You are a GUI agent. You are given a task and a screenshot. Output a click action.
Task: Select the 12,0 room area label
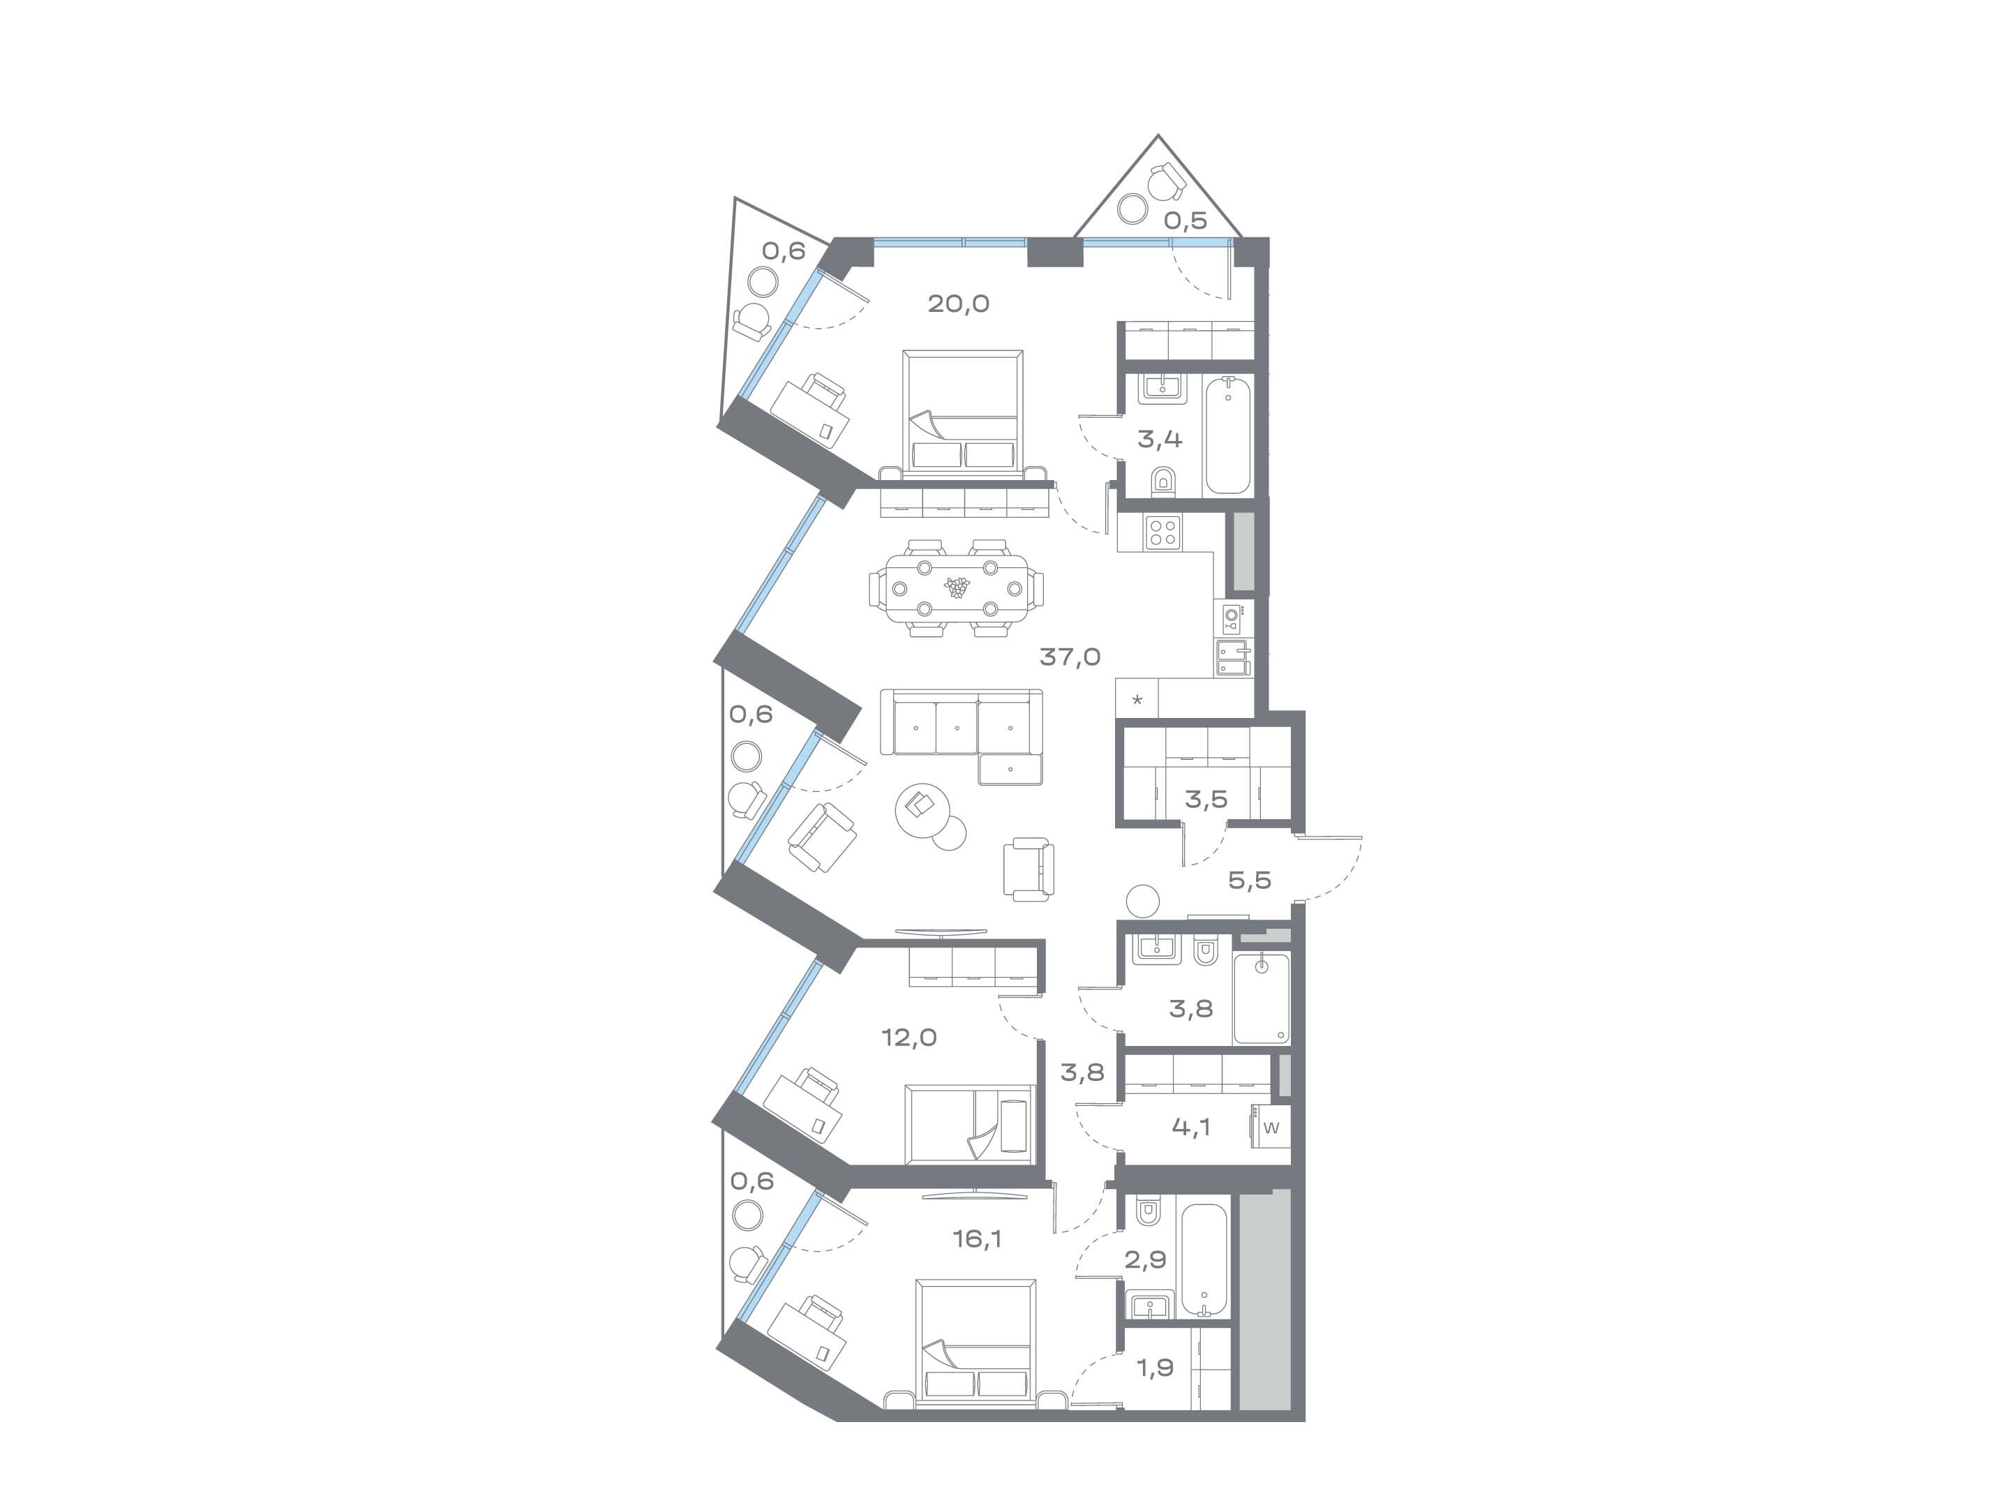pyautogui.click(x=910, y=1038)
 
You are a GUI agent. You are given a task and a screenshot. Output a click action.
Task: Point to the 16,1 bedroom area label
pyautogui.click(x=977, y=1239)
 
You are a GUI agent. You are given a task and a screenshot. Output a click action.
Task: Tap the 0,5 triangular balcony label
pyautogui.click(x=1186, y=220)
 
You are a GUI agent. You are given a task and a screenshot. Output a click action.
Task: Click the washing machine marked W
pyautogui.click(x=1270, y=1128)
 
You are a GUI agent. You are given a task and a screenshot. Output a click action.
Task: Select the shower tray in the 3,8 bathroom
pyautogui.click(x=1261, y=999)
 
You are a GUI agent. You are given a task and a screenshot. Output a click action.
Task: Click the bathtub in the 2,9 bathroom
pyautogui.click(x=1205, y=1259)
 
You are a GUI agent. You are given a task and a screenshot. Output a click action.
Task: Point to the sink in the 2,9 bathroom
pyautogui.click(x=1150, y=1306)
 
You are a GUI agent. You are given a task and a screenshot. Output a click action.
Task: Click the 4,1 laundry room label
pyautogui.click(x=1191, y=1127)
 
